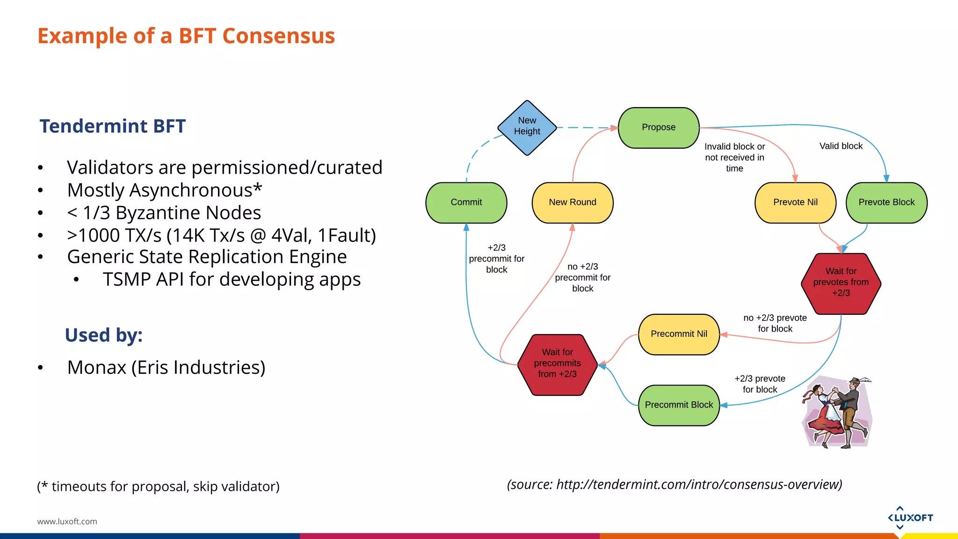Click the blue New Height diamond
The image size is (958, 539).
527,127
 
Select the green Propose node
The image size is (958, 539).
659,127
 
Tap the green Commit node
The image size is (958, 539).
466,202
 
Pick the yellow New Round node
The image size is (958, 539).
572,202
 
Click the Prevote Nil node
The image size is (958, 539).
795,202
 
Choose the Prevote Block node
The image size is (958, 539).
886,202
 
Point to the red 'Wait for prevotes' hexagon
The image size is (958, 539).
841,283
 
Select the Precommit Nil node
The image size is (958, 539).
679,334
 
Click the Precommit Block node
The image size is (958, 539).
679,405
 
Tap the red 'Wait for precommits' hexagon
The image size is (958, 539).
557,364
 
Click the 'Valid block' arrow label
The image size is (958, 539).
841,146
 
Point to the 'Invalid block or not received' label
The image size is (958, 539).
734,157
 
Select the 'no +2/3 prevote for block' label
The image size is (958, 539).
775,323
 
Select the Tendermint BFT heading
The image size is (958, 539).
112,126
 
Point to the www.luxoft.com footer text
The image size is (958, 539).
67,521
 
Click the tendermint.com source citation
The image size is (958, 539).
674,484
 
